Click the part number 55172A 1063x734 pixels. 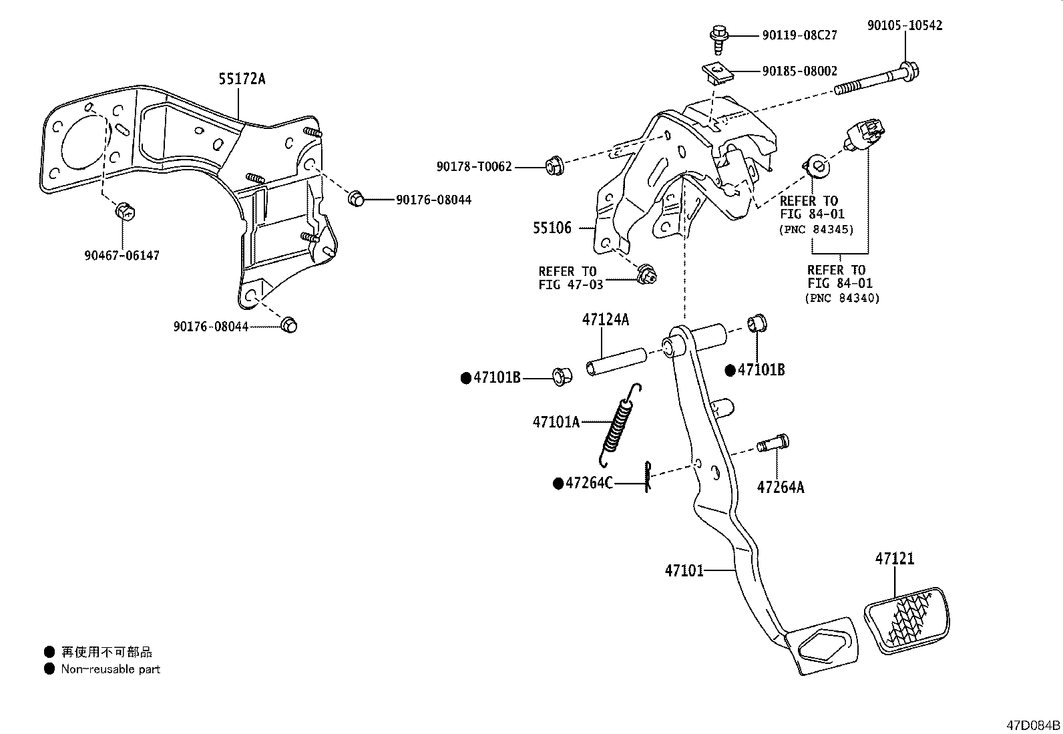[242, 79]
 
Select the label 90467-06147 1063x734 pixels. [122, 255]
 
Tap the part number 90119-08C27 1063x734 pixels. [800, 35]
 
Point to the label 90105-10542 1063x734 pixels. [905, 25]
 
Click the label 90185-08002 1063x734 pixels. [800, 71]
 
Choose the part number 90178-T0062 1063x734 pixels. [474, 167]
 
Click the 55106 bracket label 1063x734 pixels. [552, 228]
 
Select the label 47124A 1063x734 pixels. [606, 320]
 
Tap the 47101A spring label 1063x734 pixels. [556, 421]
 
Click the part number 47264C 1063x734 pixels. [589, 484]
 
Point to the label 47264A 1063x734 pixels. [780, 488]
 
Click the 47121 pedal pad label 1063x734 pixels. [895, 559]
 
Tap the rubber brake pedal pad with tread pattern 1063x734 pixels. [906, 621]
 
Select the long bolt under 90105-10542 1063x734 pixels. [876, 79]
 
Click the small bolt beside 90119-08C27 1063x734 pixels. [718, 40]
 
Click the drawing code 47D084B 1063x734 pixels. [1033, 725]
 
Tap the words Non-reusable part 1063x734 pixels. [111, 669]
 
